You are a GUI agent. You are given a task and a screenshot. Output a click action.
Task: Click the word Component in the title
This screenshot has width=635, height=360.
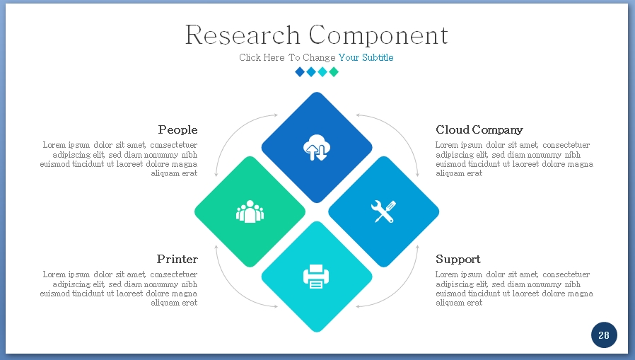tap(378, 35)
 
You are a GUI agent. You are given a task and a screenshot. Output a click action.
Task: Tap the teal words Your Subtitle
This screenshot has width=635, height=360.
tap(366, 58)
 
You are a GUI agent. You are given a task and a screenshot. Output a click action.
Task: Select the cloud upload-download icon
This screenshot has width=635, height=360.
tap(316, 149)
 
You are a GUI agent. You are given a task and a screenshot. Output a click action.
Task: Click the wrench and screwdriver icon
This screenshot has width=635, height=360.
tap(383, 211)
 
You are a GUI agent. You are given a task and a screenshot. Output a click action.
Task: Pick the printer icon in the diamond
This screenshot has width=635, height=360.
tap(316, 276)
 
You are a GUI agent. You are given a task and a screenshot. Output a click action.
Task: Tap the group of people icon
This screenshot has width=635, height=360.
tap(250, 211)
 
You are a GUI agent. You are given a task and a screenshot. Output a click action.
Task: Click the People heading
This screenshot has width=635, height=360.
tap(177, 130)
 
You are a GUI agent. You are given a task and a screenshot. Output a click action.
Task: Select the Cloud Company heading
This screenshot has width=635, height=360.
tap(479, 130)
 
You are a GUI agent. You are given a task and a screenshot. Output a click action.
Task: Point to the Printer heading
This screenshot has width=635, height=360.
tap(177, 259)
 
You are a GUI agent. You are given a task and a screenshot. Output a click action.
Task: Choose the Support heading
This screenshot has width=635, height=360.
tap(458, 259)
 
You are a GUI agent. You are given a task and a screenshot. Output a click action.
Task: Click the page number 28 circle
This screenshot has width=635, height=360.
tap(604, 335)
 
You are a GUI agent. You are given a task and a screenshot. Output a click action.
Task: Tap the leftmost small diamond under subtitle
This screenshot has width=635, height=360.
tap(300, 71)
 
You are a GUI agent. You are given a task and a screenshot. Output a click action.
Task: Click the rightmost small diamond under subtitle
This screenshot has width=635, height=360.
tap(334, 71)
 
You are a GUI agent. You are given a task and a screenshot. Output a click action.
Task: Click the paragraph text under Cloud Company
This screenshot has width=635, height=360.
tap(514, 159)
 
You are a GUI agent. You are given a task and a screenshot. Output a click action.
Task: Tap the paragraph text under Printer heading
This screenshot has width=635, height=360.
tap(120, 289)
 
